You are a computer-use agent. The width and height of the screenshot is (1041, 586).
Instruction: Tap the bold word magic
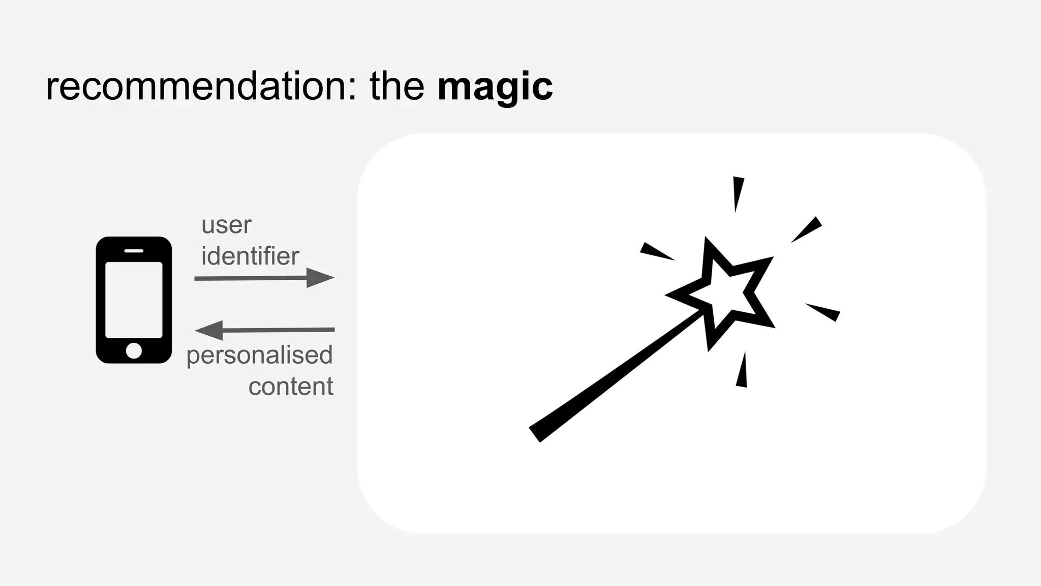tap(495, 87)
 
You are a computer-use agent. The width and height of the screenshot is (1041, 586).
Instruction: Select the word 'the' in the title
tap(396, 86)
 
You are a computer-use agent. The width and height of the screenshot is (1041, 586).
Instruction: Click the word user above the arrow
tap(226, 225)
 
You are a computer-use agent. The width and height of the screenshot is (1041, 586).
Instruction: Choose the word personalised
tap(259, 356)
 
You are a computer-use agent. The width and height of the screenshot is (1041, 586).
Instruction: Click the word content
tap(291, 387)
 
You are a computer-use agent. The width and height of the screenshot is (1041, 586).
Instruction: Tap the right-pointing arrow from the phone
tap(264, 278)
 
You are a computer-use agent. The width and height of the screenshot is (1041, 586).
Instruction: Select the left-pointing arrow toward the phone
tap(264, 330)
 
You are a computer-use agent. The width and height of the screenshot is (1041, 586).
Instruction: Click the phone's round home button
tap(134, 350)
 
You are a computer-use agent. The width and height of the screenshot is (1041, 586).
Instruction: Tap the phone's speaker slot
tap(134, 251)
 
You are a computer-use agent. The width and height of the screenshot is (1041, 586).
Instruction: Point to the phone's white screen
tap(134, 300)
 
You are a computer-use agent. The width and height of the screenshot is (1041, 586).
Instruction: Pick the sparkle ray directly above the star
tap(737, 193)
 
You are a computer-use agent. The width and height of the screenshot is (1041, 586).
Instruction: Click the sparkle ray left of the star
tap(656, 251)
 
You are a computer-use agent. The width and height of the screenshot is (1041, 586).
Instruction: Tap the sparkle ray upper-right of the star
tap(807, 229)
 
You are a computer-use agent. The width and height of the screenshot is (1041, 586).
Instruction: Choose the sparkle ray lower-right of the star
tap(823, 311)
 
